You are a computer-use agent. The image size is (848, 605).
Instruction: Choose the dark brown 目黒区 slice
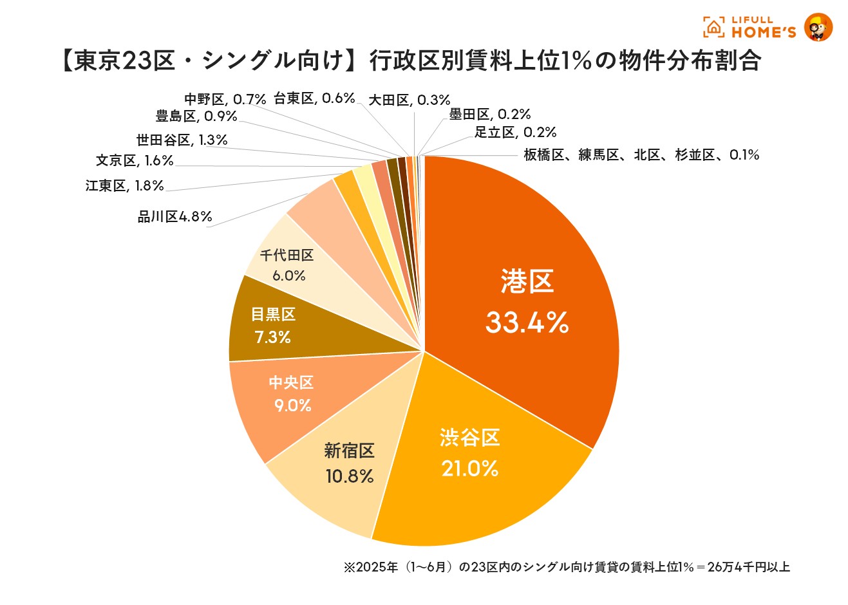tap(273, 326)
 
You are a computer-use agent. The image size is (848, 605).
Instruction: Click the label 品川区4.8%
tap(174, 217)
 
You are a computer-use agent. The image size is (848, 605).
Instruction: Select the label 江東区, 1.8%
tap(124, 186)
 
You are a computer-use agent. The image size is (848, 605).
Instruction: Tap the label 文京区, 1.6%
tap(135, 160)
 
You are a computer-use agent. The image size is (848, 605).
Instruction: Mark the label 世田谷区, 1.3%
tap(182, 140)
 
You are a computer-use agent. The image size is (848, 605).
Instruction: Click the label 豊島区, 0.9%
tap(196, 116)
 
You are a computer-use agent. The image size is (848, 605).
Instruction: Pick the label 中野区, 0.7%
tap(225, 99)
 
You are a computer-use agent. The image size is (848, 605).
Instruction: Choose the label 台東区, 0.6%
tap(314, 98)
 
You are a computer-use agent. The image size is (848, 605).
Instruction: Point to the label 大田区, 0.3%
tap(409, 100)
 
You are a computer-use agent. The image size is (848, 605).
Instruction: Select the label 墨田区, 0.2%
tap(489, 115)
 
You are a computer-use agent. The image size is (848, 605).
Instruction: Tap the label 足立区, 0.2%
tap(515, 133)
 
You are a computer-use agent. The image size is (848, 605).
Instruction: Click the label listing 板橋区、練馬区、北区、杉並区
tap(641, 155)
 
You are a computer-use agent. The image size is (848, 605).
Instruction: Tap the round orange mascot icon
tap(818, 27)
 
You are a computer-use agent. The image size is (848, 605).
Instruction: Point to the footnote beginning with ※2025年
tap(567, 567)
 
